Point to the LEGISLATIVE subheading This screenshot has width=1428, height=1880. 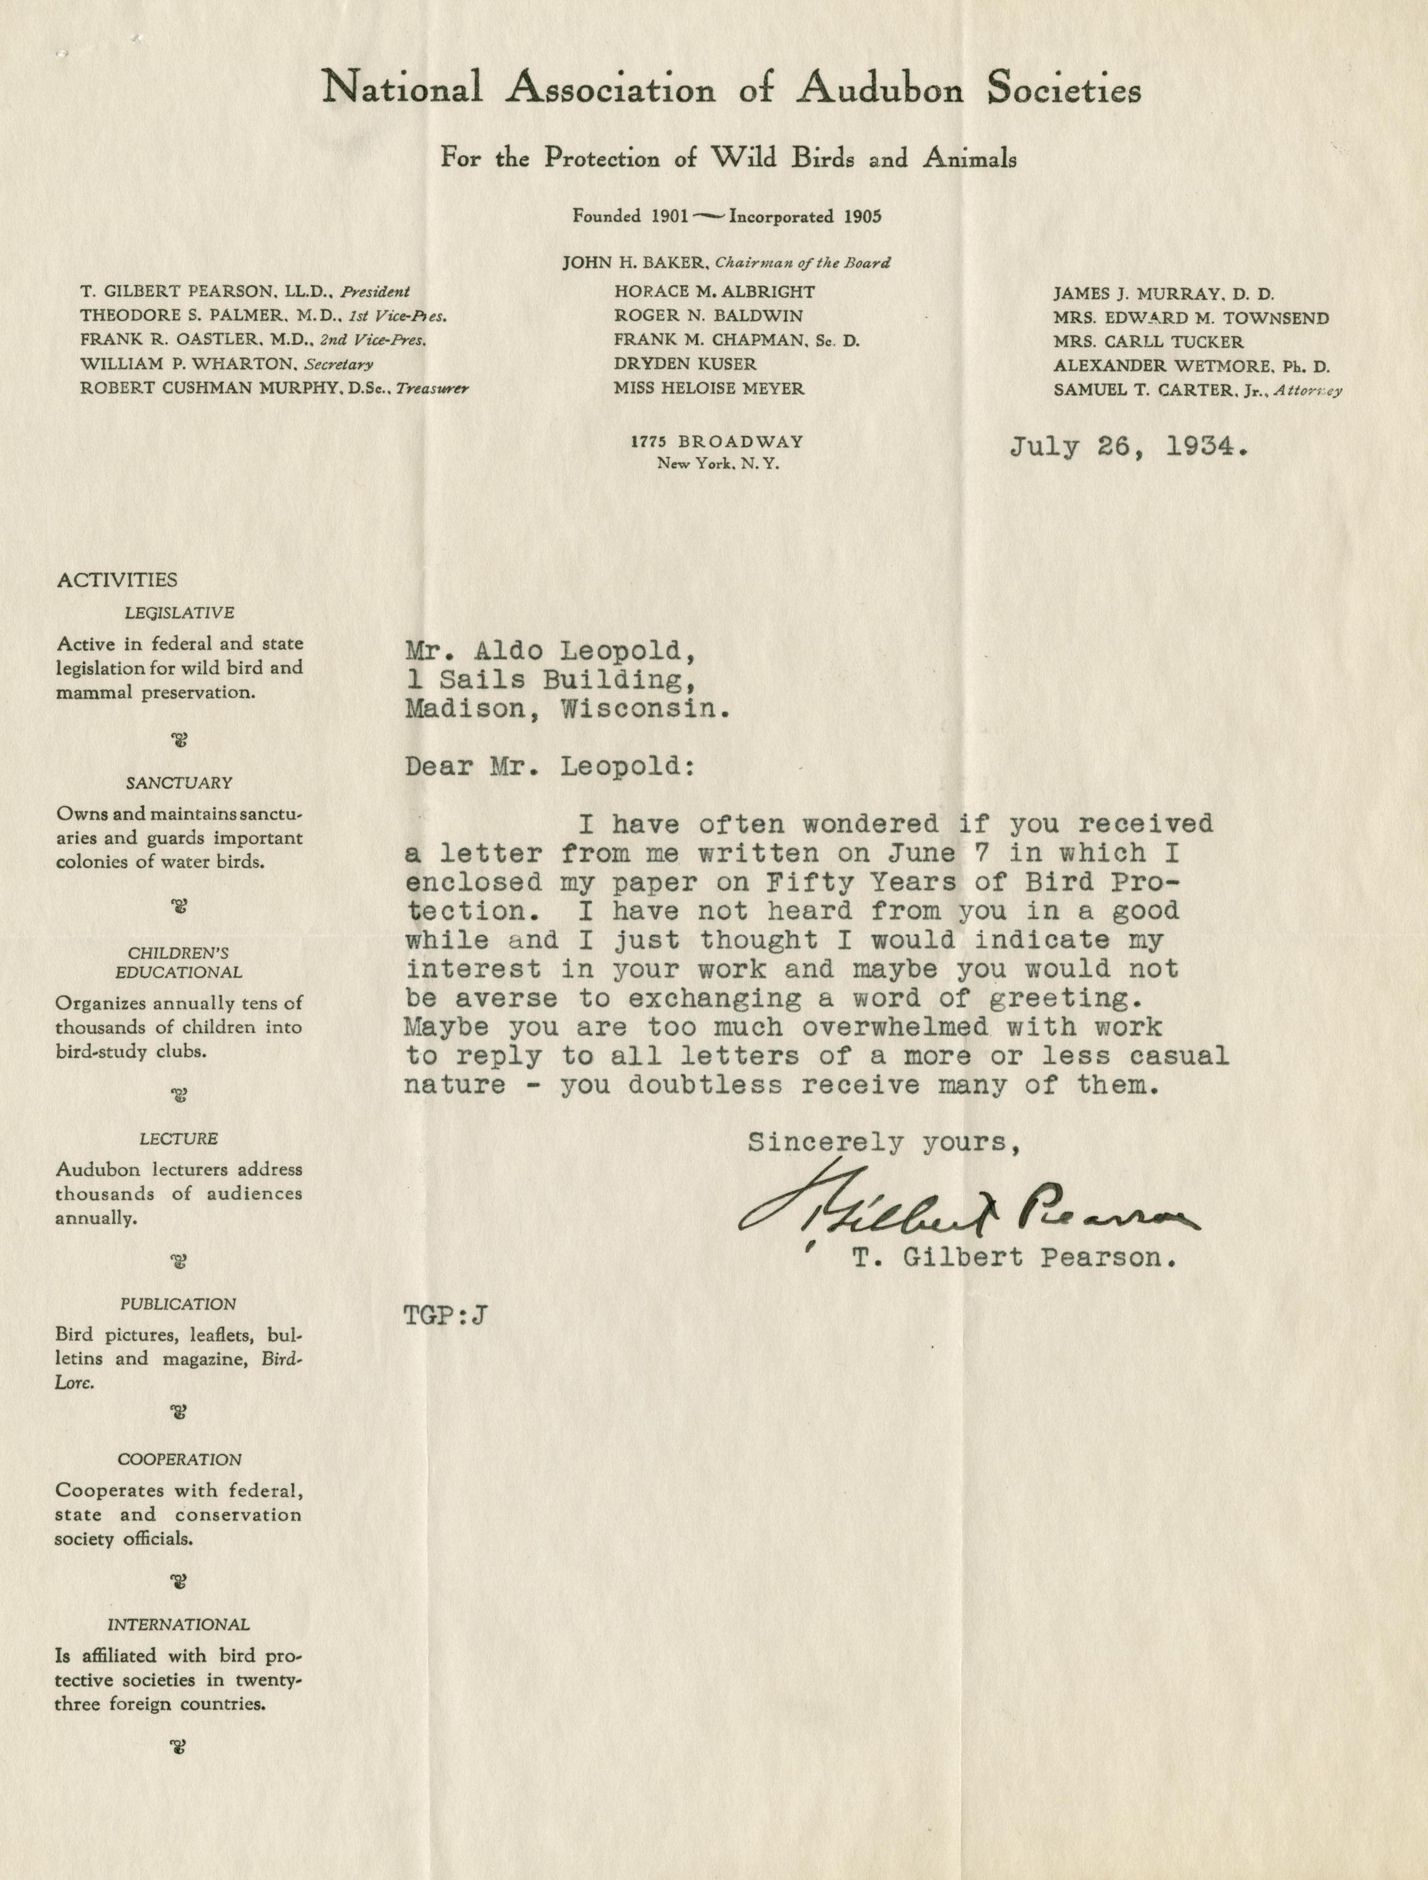179,612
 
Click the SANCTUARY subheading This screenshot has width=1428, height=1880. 179,782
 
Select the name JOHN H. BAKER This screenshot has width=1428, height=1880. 630,264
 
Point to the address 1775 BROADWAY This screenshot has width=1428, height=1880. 717,442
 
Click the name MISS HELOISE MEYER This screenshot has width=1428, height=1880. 709,389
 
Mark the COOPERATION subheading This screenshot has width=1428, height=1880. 179,1460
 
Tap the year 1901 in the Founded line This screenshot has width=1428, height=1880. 669,216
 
